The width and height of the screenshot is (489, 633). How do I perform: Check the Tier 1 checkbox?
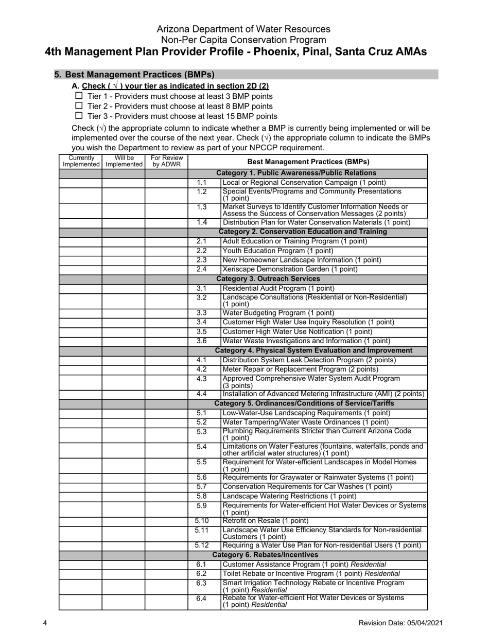pyautogui.click(x=79, y=96)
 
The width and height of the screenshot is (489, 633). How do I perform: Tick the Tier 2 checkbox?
pyautogui.click(x=79, y=106)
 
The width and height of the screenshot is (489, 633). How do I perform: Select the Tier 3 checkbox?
pyautogui.click(x=79, y=116)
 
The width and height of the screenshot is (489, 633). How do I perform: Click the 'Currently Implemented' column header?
pyautogui.click(x=81, y=161)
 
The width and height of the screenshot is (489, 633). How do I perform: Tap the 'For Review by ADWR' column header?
pyautogui.click(x=166, y=161)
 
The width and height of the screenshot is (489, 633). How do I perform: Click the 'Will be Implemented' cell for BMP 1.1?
pyautogui.click(x=123, y=183)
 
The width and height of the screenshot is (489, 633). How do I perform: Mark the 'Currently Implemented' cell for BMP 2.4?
pyautogui.click(x=81, y=270)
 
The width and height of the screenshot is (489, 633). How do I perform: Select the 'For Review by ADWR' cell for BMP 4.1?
pyautogui.click(x=166, y=360)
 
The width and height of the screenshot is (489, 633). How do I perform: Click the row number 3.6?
pyautogui.click(x=201, y=341)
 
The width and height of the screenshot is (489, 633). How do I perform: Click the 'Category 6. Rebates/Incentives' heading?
pyautogui.click(x=265, y=555)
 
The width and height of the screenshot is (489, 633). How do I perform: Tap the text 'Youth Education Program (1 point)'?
pyautogui.click(x=278, y=251)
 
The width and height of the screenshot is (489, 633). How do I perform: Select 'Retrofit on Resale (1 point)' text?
pyautogui.click(x=266, y=521)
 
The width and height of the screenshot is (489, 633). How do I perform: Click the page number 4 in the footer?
pyautogui.click(x=45, y=623)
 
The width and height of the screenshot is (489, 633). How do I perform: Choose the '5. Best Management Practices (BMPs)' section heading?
pyautogui.click(x=135, y=75)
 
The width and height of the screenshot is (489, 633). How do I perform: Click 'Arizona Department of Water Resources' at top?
pyautogui.click(x=243, y=29)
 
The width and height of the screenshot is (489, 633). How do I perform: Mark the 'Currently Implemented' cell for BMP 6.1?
pyautogui.click(x=81, y=565)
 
